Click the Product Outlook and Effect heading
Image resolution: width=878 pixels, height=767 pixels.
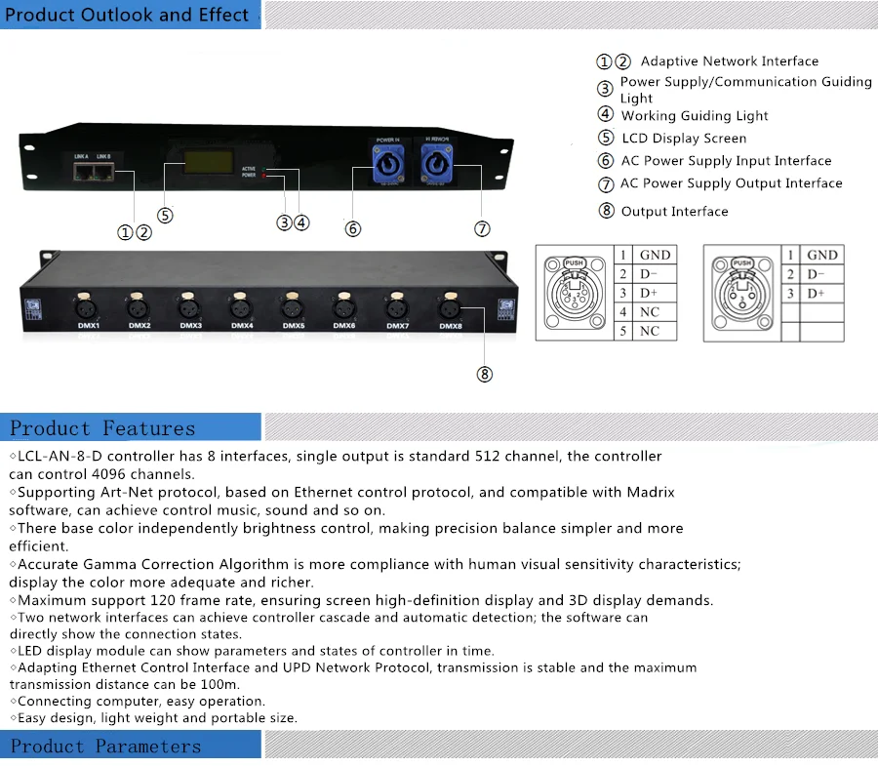coord(129,15)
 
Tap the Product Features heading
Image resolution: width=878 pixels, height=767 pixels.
coord(102,428)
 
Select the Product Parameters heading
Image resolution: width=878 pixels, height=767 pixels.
coord(105,747)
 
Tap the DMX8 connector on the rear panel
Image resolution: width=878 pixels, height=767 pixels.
coord(449,305)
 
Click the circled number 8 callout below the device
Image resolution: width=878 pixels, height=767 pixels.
coord(485,374)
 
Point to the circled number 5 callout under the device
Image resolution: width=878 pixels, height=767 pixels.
coord(165,216)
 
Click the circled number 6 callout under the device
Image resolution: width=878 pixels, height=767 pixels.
coord(353,228)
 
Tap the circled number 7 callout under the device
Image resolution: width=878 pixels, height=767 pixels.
coord(482,228)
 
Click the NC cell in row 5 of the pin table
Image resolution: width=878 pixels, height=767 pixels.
coord(650,331)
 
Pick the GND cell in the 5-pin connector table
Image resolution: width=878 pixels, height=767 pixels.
coord(655,255)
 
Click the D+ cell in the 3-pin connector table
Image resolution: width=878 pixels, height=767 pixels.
coord(816,293)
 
